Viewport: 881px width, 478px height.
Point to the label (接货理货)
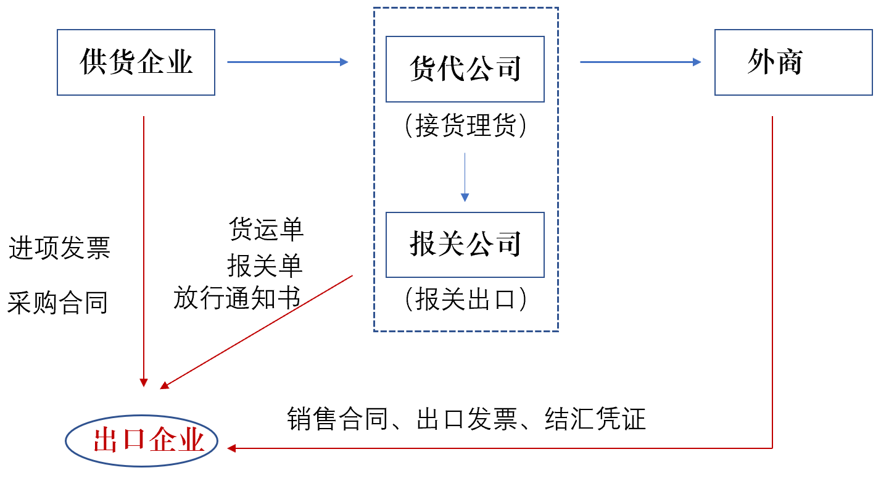(x=465, y=125)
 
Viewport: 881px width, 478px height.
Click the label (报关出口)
(x=465, y=300)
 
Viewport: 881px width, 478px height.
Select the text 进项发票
(x=59, y=248)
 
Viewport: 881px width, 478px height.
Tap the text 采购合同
(x=57, y=303)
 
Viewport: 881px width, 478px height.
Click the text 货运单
(x=267, y=229)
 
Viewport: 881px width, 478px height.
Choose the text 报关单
(x=265, y=266)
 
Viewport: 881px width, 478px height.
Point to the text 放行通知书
(x=237, y=298)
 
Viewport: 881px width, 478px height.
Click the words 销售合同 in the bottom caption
(x=338, y=419)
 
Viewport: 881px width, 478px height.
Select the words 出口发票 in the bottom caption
(x=467, y=419)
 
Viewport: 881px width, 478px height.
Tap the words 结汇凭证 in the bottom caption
(x=595, y=419)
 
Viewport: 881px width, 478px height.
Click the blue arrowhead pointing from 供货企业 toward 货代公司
(x=344, y=62)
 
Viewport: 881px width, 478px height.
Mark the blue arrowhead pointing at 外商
(x=697, y=62)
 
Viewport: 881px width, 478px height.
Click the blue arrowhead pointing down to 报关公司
(x=465, y=197)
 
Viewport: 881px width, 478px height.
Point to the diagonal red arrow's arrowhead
(x=164, y=385)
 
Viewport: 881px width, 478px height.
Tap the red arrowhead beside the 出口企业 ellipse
(x=231, y=448)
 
